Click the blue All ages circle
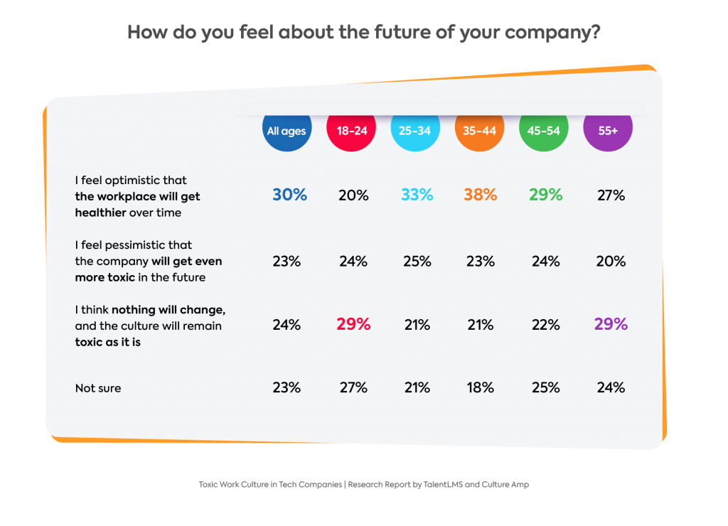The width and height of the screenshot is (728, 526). pos(287,131)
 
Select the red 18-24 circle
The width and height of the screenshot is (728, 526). pos(351,131)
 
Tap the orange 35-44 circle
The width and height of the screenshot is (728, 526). pos(480,131)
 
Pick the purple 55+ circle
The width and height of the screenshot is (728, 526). pos(608,131)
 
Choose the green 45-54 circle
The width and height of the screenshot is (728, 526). pos(544,131)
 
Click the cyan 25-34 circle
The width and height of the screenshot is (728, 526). pos(415,131)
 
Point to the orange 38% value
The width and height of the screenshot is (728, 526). pos(480,195)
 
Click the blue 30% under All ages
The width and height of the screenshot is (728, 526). pos(289,195)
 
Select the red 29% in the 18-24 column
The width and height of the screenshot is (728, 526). pos(353,324)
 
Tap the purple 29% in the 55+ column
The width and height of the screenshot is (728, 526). pos(611,324)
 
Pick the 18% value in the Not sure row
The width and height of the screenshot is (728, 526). pos(480,387)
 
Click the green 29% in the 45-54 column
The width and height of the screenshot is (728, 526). pos(545,195)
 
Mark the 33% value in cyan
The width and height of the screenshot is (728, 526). pos(417,195)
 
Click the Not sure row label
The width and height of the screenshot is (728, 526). pos(98,388)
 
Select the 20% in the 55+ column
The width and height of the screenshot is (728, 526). pos(611,261)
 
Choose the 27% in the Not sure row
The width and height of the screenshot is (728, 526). pos(353,387)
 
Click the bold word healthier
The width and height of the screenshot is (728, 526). pos(100,213)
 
